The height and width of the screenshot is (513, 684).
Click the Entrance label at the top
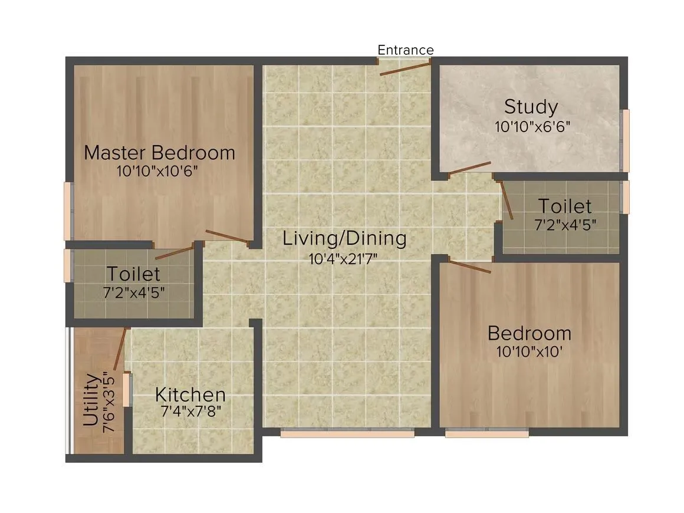(405, 50)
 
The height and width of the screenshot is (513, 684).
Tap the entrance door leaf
(405, 67)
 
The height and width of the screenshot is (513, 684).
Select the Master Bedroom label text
(159, 153)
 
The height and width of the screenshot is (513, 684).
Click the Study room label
(531, 107)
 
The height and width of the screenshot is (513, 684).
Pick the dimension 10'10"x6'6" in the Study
(532, 126)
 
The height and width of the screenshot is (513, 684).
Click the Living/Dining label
(344, 239)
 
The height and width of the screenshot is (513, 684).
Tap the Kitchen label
(190, 394)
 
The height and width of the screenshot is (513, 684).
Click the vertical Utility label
(90, 400)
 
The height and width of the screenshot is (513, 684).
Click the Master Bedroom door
(228, 236)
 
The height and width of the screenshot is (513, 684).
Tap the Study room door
(469, 168)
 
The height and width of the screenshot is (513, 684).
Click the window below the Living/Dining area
(347, 433)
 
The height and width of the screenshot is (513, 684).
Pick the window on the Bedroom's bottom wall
(486, 433)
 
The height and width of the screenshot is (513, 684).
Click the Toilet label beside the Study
(564, 206)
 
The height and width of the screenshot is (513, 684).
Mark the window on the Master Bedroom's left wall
(68, 211)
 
